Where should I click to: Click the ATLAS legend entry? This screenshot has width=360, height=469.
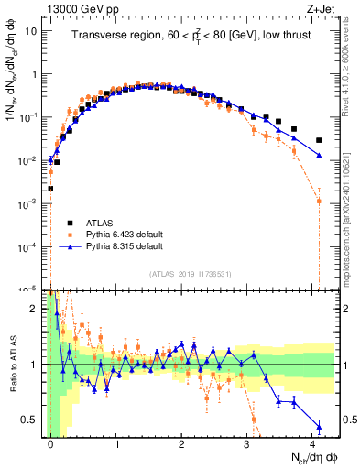point(101,222)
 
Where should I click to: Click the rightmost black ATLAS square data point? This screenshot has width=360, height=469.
point(319,140)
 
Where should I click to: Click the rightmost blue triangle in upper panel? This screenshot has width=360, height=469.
point(319,156)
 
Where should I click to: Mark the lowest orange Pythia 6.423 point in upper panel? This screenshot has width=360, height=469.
point(319,201)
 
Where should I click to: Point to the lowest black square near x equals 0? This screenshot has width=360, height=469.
point(50,189)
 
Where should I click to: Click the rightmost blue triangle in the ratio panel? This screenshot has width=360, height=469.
point(319,426)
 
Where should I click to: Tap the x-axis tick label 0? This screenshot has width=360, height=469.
point(50,443)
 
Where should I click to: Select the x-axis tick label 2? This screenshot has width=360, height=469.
point(181,443)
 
